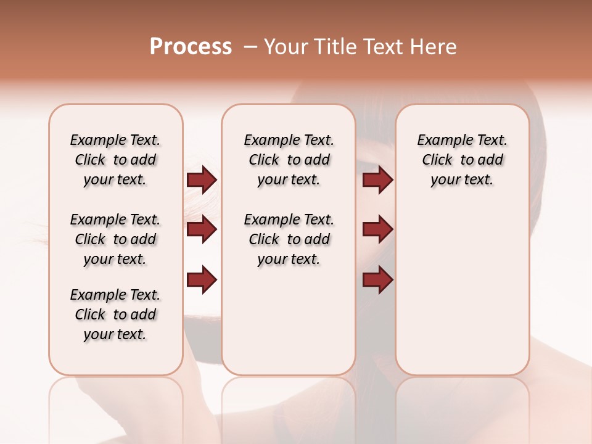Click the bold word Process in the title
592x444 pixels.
(x=191, y=47)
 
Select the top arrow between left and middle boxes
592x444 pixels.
(x=202, y=180)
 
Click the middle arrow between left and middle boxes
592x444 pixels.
(x=202, y=230)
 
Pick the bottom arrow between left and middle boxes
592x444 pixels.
(x=202, y=280)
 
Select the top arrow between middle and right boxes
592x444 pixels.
(x=377, y=180)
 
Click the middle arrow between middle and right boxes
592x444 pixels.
(x=377, y=230)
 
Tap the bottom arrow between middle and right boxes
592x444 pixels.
(x=377, y=280)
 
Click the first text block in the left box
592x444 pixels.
(x=115, y=160)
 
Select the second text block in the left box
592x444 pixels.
(x=115, y=239)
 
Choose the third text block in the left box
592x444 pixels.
(x=115, y=314)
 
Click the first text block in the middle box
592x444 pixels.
(x=289, y=160)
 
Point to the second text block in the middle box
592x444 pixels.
(x=289, y=239)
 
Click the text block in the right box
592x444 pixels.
(x=462, y=160)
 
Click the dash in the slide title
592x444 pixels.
(x=250, y=47)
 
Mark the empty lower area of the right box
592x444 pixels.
(x=462, y=296)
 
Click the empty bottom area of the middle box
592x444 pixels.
(x=289, y=327)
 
